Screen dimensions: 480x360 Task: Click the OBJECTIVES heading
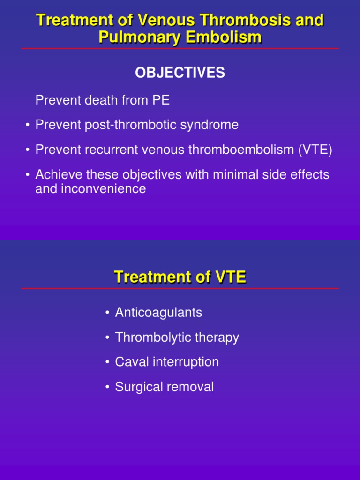(180, 73)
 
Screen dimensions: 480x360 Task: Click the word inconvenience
(104, 188)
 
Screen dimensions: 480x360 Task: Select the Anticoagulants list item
(158, 312)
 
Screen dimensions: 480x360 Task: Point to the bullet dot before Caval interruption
(107, 362)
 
